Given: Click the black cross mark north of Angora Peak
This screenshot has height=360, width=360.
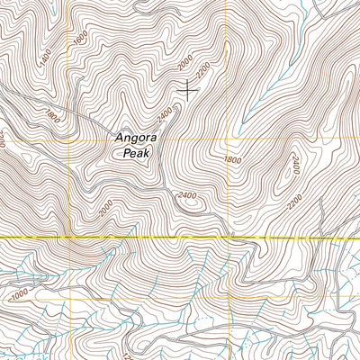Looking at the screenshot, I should click(188, 88).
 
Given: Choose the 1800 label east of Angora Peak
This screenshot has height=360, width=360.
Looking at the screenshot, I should click(231, 158).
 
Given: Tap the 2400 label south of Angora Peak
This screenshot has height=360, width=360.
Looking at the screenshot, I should click(187, 194).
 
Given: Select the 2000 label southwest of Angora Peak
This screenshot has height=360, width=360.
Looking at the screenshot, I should click(106, 207).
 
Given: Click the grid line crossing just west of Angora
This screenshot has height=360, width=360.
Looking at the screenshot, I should click(68, 140).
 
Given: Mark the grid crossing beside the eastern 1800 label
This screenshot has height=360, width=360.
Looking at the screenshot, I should click(226, 140).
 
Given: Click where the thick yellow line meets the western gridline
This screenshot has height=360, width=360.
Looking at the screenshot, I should click(68, 237).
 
